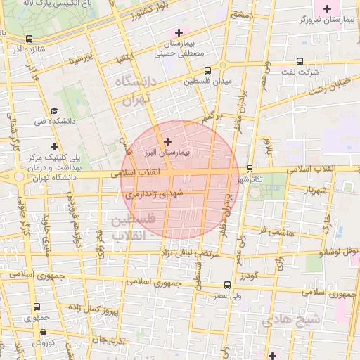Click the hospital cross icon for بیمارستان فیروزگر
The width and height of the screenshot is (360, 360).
327,8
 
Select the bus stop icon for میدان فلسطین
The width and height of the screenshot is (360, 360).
207,70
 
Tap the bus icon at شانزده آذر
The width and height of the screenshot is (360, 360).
28,39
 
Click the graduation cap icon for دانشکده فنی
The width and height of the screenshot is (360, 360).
53,110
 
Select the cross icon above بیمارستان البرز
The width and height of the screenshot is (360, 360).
167,141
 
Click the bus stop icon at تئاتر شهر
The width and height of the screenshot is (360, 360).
250,169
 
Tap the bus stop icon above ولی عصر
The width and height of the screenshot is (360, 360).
226,285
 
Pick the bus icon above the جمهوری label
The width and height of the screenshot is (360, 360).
37,307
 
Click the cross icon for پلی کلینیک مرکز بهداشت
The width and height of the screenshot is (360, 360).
55,146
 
